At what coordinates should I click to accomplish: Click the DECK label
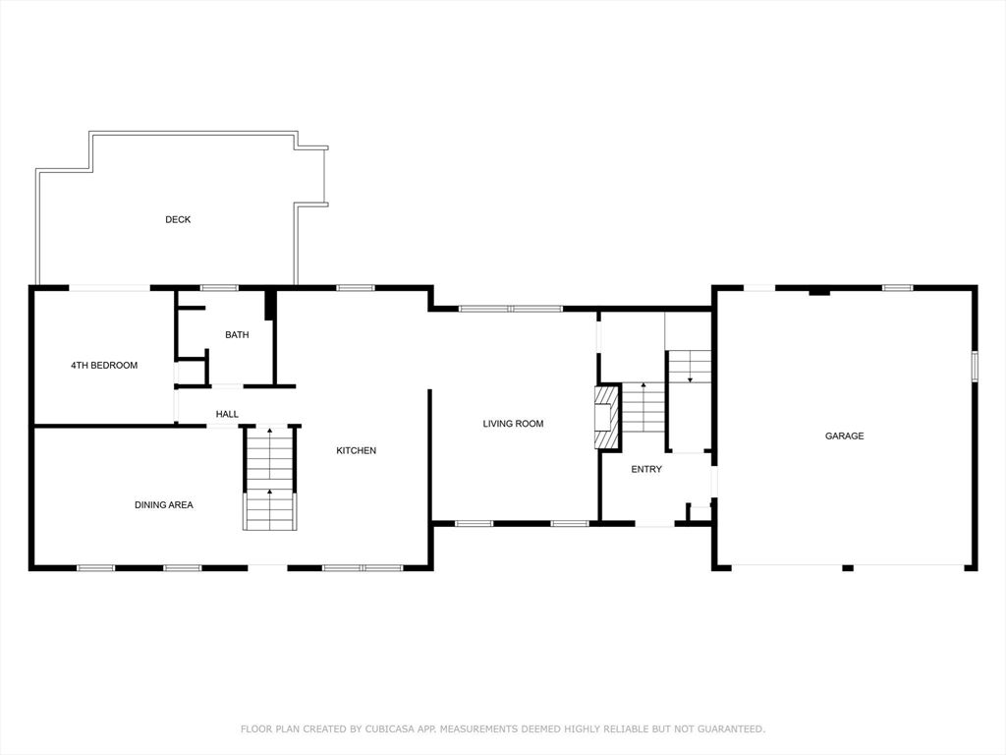[178, 219]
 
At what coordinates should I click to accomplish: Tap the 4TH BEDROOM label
[104, 366]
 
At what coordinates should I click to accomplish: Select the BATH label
[237, 334]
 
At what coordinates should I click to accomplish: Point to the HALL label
[227, 414]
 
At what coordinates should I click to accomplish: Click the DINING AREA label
[164, 504]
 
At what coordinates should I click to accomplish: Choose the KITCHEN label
[356, 450]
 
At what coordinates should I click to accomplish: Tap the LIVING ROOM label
[513, 424]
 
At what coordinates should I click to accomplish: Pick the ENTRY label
[646, 469]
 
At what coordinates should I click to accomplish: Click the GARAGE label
[844, 436]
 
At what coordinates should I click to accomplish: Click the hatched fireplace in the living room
[608, 417]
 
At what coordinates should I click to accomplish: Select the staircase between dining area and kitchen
[270, 478]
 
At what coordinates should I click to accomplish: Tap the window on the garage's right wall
[974, 367]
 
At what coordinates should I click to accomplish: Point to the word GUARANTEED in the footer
[731, 728]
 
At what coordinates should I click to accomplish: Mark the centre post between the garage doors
[848, 567]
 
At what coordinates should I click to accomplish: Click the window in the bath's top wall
[219, 288]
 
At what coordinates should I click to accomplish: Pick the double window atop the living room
[511, 309]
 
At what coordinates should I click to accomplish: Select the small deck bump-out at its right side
[312, 177]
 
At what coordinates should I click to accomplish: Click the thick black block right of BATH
[271, 305]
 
